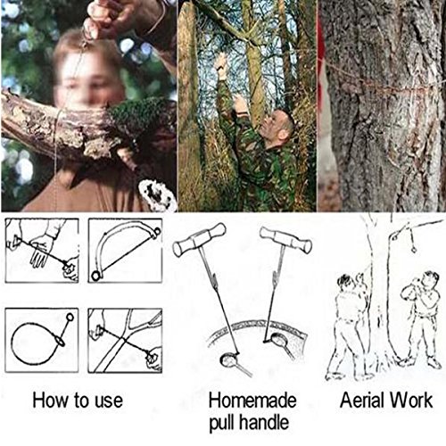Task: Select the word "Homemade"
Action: pyautogui.click(x=252, y=401)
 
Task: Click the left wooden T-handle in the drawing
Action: pyautogui.click(x=199, y=240)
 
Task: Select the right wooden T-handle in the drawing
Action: pyautogui.click(x=286, y=240)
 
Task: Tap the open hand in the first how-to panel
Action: pyautogui.click(x=42, y=250)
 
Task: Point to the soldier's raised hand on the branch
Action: pyautogui.click(x=220, y=64)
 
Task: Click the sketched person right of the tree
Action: pyautogui.click(x=422, y=318)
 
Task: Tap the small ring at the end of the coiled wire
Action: pyautogui.click(x=70, y=317)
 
